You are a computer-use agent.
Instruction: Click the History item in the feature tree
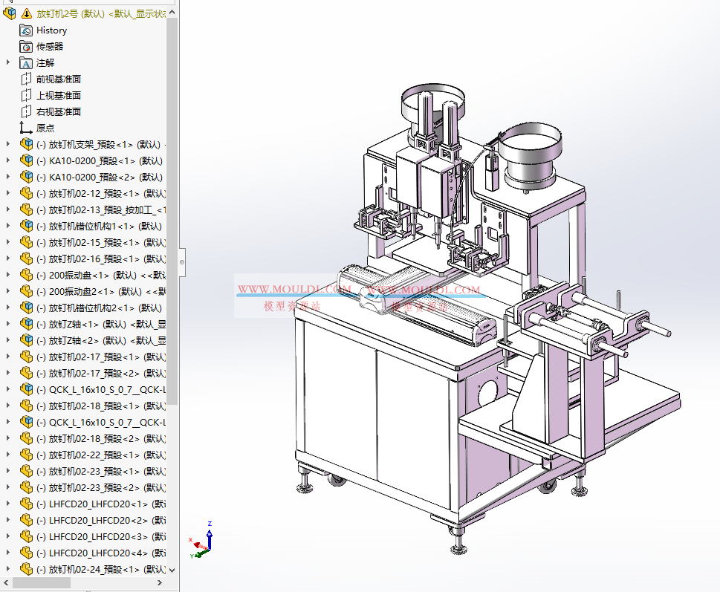tap(51, 30)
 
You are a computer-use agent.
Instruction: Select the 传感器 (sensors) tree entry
tap(50, 47)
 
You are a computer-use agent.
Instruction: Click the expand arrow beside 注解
tap(8, 63)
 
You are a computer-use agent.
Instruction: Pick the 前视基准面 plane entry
tap(58, 79)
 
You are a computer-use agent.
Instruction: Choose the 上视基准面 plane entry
tap(58, 96)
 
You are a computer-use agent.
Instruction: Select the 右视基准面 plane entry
tap(58, 112)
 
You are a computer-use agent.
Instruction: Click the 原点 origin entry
tap(45, 129)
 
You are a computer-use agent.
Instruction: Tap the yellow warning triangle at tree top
tap(27, 13)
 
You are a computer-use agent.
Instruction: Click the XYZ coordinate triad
tap(203, 541)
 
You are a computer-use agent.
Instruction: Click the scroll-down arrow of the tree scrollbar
tap(172, 570)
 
